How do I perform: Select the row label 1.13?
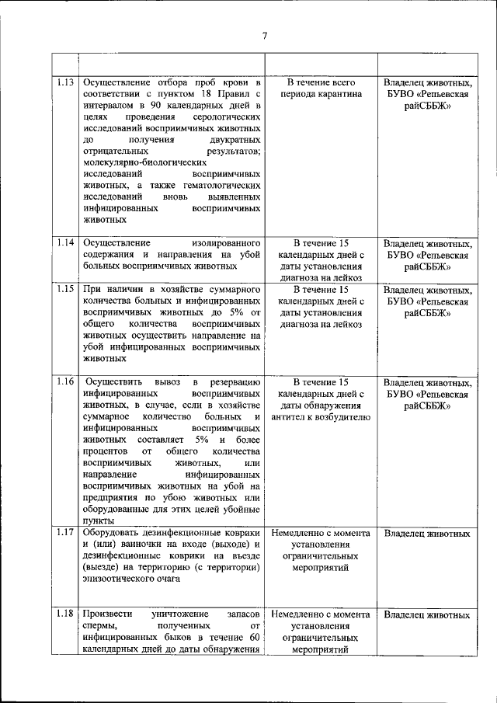tap(66, 82)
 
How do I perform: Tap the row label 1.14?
tap(66, 242)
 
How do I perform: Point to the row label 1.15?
tap(66, 288)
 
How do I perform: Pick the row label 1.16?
tap(66, 382)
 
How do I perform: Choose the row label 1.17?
tap(66, 534)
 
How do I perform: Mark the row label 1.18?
tap(66, 614)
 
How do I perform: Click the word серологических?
tap(225, 116)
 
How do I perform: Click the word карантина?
tap(339, 94)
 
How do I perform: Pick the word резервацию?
tap(234, 382)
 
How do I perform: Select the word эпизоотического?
tap(120, 579)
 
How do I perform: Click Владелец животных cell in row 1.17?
tap(426, 534)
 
